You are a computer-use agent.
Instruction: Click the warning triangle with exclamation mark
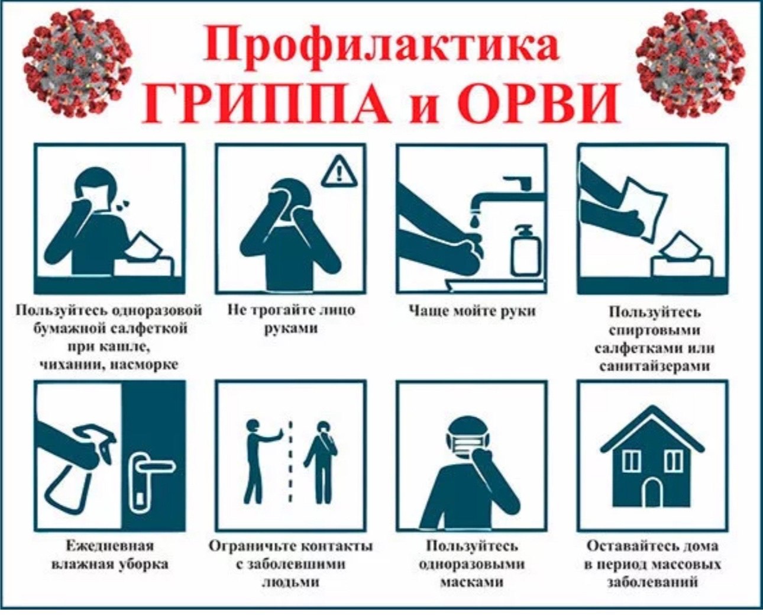339,172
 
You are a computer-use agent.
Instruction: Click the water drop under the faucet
476,220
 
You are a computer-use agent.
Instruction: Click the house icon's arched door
652,493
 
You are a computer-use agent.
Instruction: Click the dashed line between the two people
290,462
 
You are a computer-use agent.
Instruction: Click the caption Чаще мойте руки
471,310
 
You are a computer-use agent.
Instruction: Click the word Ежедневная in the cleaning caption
109,546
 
